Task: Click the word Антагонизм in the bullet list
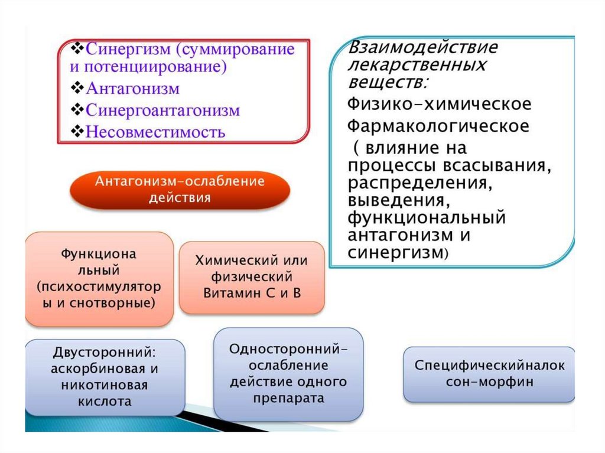(x=132, y=89)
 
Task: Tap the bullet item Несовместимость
(x=155, y=131)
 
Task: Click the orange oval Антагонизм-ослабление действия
(x=180, y=189)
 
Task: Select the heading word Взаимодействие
(x=422, y=47)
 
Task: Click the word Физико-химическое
(x=439, y=104)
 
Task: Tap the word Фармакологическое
(x=438, y=126)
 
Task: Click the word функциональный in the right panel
(x=426, y=217)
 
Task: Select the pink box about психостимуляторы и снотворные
(x=99, y=279)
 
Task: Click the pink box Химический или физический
(x=252, y=277)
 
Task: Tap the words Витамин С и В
(x=252, y=292)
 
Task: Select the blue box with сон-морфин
(x=489, y=374)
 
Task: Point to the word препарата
(x=289, y=398)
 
